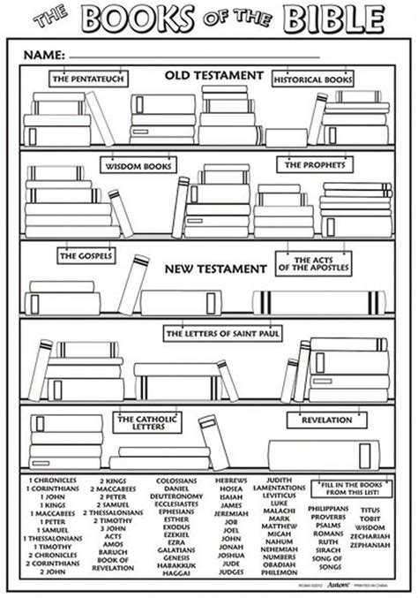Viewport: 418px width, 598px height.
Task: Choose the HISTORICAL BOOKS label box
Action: [313, 79]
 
